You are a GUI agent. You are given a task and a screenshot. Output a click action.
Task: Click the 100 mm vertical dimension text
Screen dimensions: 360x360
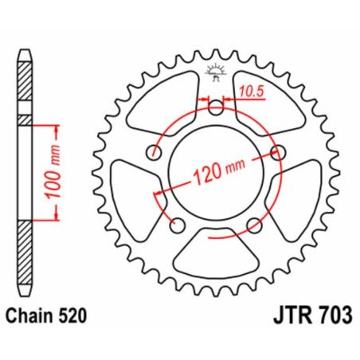[68, 172]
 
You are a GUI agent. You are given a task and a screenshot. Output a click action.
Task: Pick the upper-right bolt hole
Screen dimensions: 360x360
[278, 151]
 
